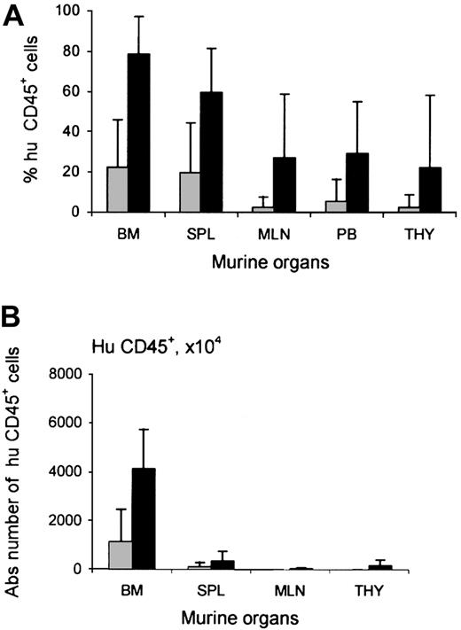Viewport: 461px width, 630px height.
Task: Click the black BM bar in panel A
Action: point(137,133)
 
